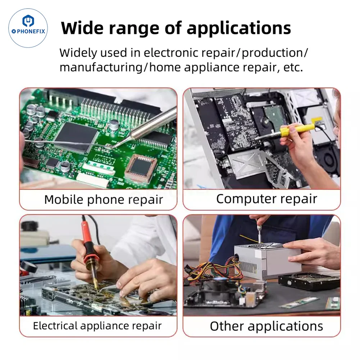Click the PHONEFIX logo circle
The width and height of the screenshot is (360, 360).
click(28, 28)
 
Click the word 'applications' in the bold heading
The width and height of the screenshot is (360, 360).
click(239, 28)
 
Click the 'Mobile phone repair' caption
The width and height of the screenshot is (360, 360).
click(104, 199)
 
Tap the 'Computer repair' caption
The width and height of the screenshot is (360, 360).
click(266, 199)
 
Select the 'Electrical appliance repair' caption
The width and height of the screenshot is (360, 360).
click(97, 326)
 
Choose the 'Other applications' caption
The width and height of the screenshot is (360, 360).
click(266, 326)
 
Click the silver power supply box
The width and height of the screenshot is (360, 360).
click(268, 261)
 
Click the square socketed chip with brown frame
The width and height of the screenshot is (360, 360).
click(141, 166)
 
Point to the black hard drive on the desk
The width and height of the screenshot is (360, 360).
click(309, 282)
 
